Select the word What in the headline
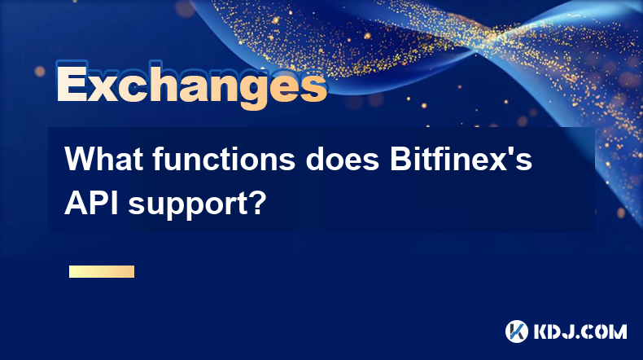pos(103,159)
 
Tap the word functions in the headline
pos(224,159)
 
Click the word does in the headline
pos(343,159)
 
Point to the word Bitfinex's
pos(461,159)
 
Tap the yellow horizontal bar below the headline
pos(102,272)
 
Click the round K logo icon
pos(516,331)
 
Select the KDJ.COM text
pos(580,331)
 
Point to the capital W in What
pos(81,159)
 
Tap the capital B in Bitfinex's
pos(400,159)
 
